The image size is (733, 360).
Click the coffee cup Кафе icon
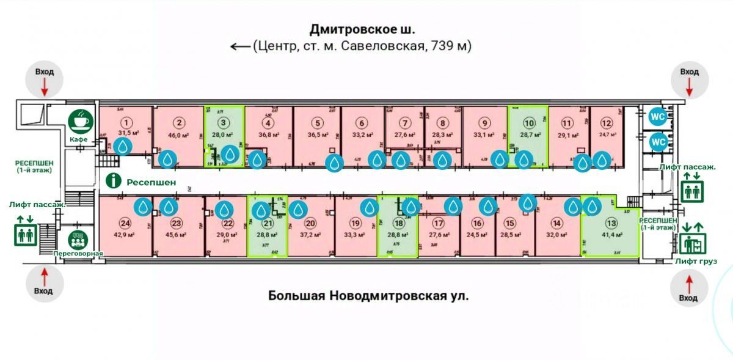click(81, 122)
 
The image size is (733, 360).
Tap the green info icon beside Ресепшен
click(112, 181)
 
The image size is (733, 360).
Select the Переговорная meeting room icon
click(78, 238)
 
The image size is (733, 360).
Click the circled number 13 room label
click(609, 223)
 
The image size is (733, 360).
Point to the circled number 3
click(224, 121)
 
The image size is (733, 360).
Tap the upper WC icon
click(658, 116)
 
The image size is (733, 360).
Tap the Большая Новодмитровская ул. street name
click(368, 296)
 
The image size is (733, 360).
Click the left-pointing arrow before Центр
click(239, 46)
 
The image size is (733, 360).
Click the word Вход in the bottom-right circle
click(688, 298)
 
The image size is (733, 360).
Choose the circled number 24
click(126, 223)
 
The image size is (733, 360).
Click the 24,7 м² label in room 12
click(606, 133)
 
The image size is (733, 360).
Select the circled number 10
click(529, 121)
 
